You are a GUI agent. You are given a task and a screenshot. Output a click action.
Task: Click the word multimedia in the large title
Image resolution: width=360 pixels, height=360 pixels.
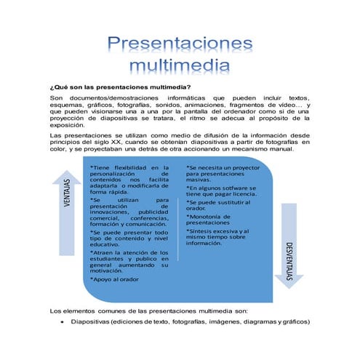click(x=180, y=66)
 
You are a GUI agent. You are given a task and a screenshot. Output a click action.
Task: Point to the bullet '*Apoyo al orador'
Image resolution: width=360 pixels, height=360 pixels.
click(x=113, y=279)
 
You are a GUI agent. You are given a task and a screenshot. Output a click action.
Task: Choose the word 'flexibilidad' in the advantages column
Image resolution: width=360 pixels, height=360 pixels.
click(x=131, y=168)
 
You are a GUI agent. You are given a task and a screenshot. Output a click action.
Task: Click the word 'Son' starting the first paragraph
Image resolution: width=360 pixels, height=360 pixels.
click(x=56, y=97)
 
